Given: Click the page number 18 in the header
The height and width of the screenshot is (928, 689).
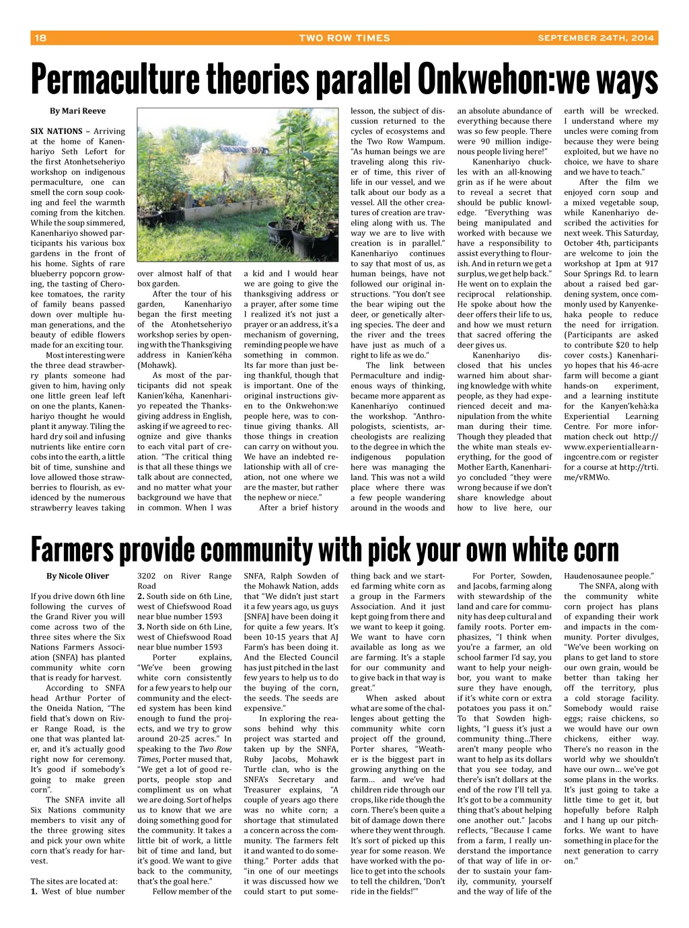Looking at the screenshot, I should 40,38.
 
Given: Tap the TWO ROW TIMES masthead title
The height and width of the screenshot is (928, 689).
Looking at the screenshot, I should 344,38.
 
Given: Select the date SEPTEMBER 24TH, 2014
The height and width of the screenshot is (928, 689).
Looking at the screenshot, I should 595,38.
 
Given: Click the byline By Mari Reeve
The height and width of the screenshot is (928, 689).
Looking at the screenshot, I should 77,111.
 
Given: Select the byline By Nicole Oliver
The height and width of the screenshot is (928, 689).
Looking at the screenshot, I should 77,576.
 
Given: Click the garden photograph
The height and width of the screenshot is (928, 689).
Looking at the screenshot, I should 238,185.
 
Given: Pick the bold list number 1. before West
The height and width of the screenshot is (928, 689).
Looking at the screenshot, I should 34,892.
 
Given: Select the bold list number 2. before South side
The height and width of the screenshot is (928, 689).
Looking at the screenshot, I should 141,596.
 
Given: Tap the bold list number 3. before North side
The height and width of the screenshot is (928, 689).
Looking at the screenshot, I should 141,627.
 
